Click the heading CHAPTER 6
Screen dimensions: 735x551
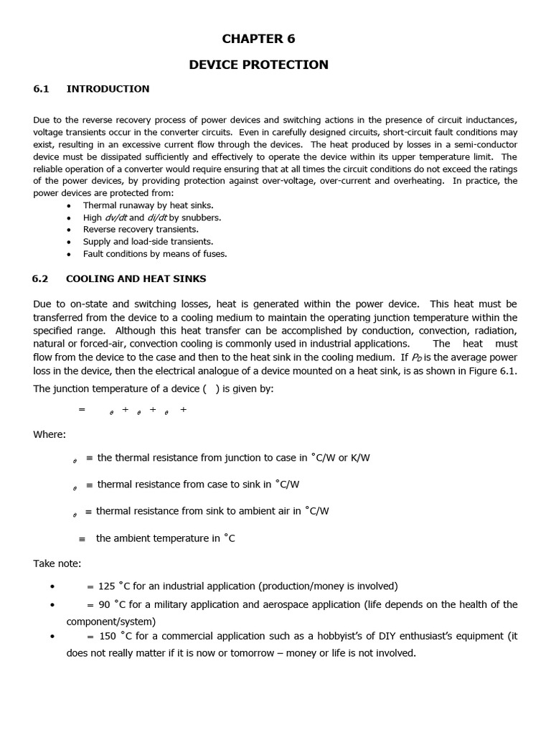point(258,39)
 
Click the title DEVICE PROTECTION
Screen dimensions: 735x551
point(258,65)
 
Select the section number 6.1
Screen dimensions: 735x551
point(41,89)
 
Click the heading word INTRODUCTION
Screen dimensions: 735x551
point(108,89)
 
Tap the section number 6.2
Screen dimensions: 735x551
point(40,278)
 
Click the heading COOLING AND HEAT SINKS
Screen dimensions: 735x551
point(136,278)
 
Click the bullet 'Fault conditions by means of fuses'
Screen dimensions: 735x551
point(154,254)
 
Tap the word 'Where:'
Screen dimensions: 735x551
point(50,434)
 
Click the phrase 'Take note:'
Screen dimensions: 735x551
point(57,563)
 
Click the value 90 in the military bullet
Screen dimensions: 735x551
point(105,604)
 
